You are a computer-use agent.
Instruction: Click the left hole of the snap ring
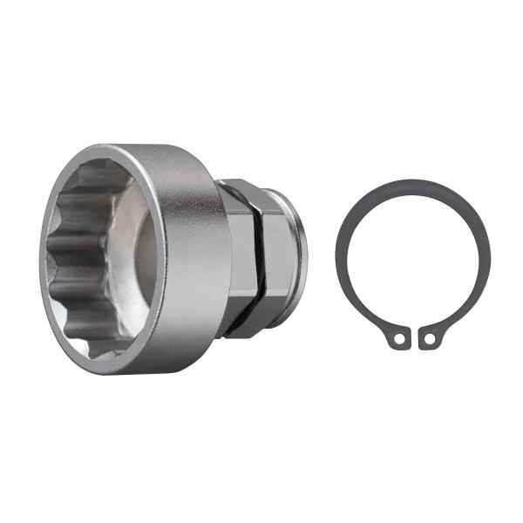pos(398,338)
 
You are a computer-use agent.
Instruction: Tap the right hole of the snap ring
pos(426,338)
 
